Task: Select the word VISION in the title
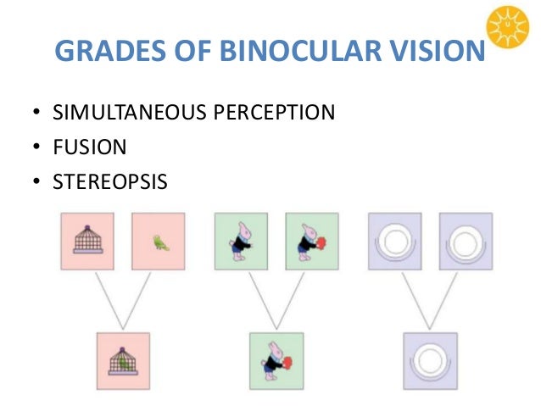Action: point(437,53)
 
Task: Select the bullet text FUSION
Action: point(89,147)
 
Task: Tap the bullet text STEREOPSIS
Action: point(109,181)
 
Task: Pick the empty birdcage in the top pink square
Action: point(87,241)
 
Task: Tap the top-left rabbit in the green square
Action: point(241,241)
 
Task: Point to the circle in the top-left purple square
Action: point(394,241)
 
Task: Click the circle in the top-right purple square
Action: point(466,241)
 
